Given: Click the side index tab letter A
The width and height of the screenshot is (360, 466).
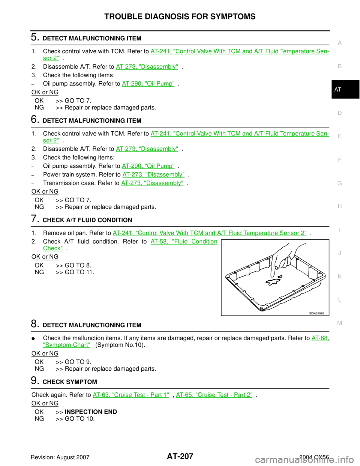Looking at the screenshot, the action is click(x=339, y=43).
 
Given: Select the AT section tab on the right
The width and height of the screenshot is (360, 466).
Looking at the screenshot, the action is click(x=338, y=90).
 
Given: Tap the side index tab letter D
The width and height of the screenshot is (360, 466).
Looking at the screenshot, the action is click(x=339, y=113).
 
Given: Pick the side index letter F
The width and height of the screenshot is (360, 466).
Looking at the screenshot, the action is click(x=339, y=160).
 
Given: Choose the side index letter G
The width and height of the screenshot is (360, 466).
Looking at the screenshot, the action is click(x=339, y=183).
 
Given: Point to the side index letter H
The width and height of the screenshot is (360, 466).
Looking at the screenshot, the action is click(x=339, y=207).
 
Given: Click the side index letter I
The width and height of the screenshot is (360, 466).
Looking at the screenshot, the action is click(x=339, y=230).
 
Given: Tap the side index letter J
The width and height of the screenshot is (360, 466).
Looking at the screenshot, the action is click(x=339, y=253).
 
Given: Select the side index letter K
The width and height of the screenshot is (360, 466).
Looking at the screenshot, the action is click(x=339, y=277).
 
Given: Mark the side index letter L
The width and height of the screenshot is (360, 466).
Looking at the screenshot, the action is click(x=339, y=300).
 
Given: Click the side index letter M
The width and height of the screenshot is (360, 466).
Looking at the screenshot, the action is click(x=339, y=323).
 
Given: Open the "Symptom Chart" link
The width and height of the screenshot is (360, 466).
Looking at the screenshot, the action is click(x=67, y=345).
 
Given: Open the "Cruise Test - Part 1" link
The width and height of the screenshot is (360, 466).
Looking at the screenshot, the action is click(x=131, y=395).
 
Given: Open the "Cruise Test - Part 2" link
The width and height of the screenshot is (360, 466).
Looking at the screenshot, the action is click(x=214, y=395).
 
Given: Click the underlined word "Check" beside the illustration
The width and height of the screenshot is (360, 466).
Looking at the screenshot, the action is click(x=52, y=248).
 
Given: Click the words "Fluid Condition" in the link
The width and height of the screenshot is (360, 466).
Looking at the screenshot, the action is click(x=195, y=241).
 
